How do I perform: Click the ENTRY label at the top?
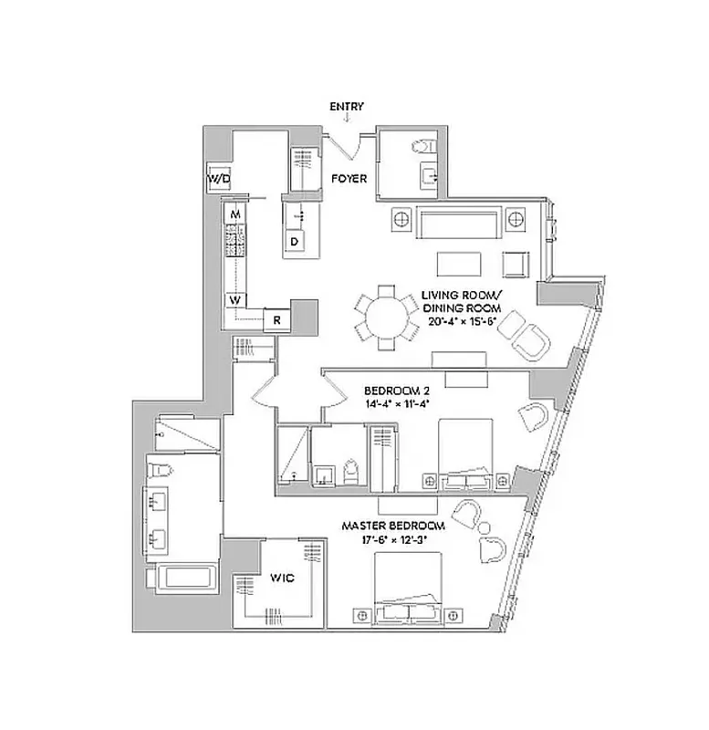point(347,107)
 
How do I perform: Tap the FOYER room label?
point(349,179)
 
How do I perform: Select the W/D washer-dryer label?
point(218,180)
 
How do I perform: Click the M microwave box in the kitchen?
point(235,214)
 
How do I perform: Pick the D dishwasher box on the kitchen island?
point(295,241)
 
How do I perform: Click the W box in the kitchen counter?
point(235,299)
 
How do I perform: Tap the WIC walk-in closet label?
point(279,578)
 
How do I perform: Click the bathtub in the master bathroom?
point(188,579)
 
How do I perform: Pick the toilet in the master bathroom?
point(163,470)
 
